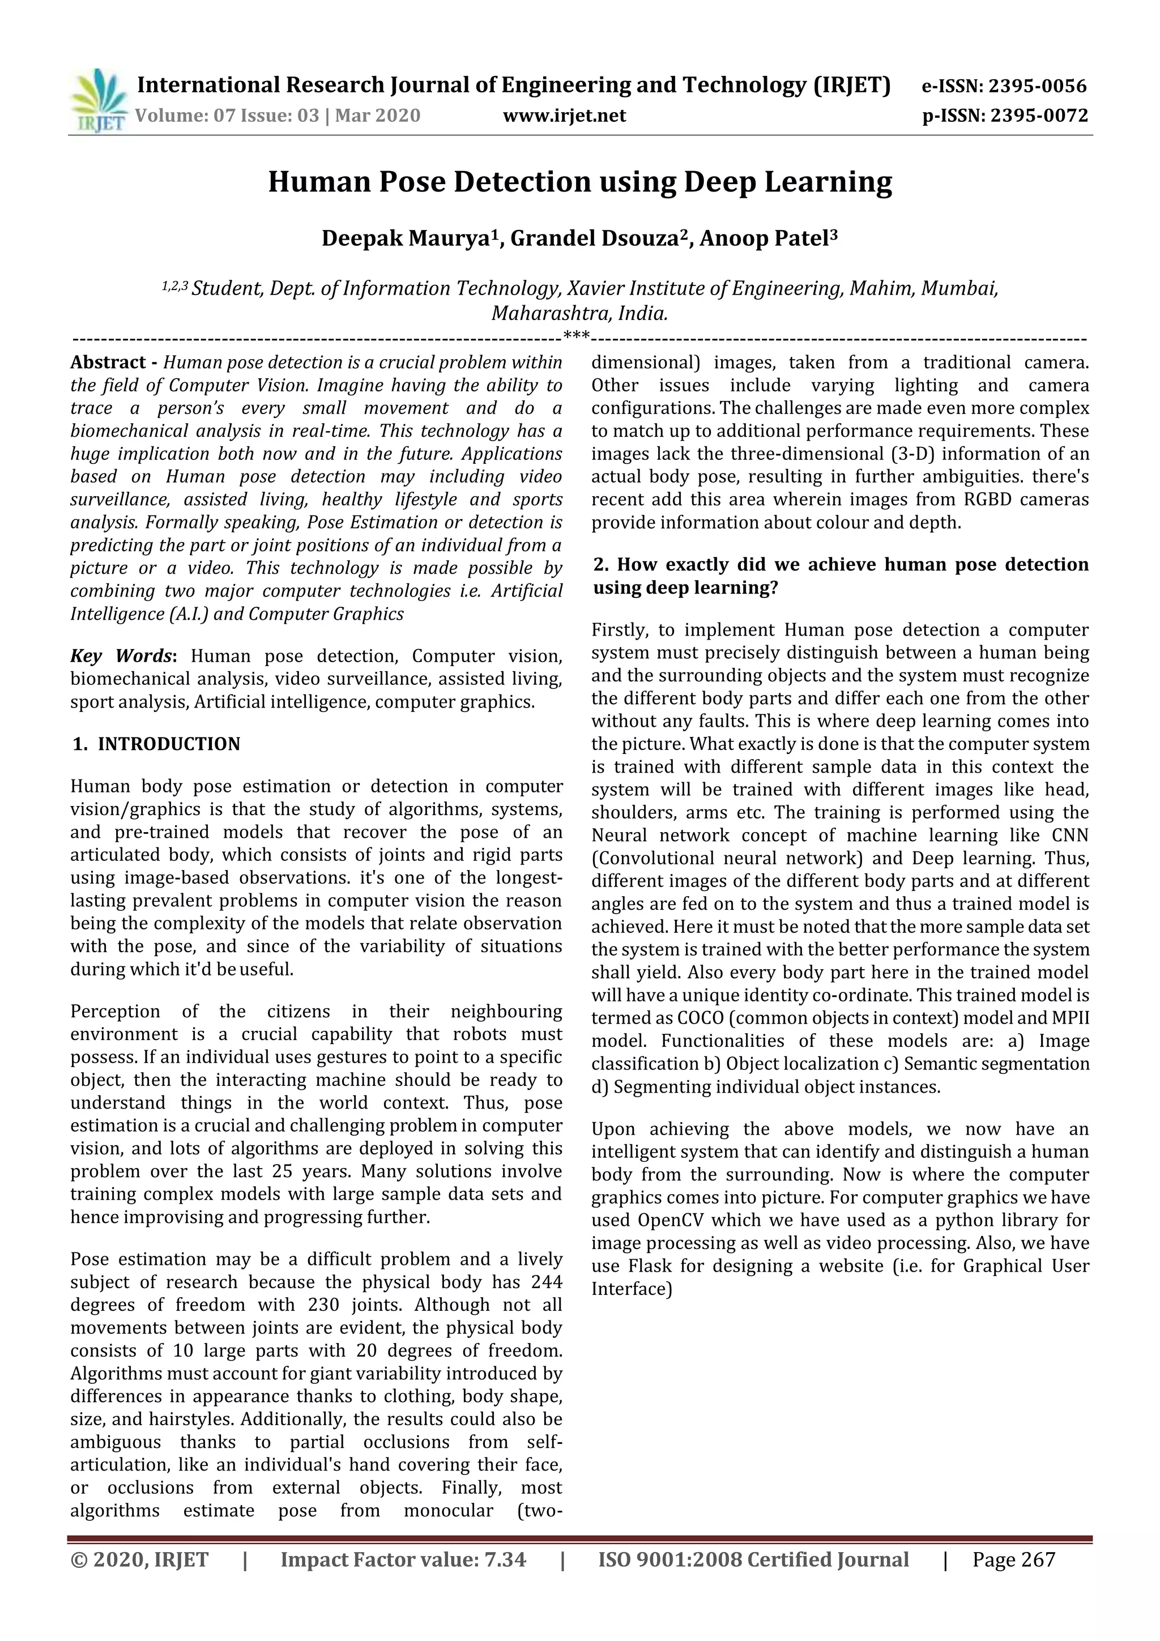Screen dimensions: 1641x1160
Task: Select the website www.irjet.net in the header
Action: click(x=564, y=116)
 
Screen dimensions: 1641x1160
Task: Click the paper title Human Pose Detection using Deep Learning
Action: click(x=579, y=183)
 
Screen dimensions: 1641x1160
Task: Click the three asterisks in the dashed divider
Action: click(x=576, y=335)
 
